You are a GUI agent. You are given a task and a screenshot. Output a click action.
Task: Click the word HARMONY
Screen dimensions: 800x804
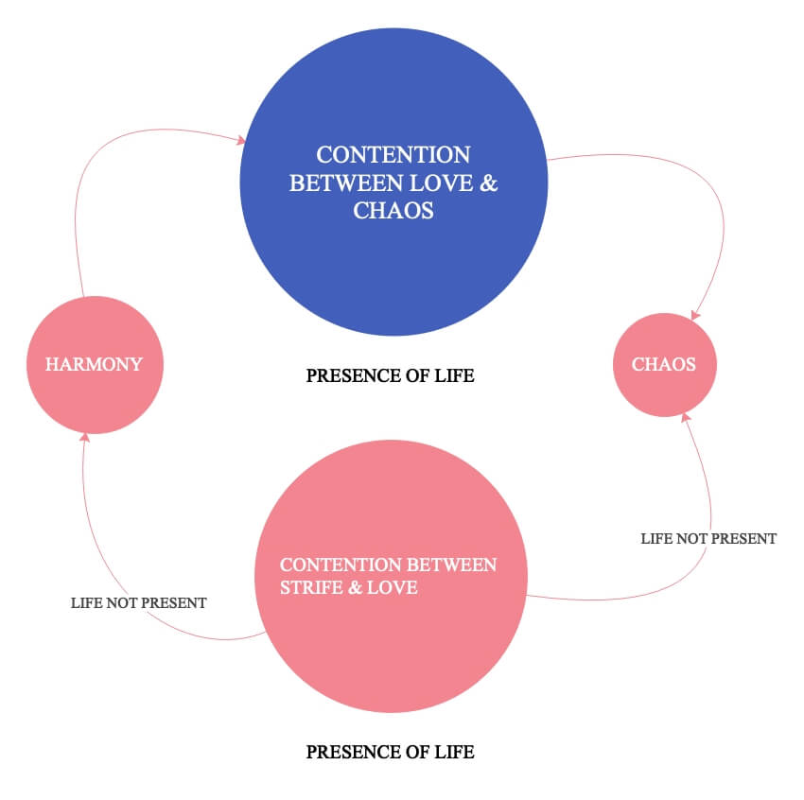[x=95, y=364]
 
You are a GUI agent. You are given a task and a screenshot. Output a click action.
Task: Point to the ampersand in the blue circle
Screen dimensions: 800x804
[x=488, y=183]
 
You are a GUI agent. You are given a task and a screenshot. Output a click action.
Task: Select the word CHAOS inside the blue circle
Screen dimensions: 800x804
[x=393, y=210]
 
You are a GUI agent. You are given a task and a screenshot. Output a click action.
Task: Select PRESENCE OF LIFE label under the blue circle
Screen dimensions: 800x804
[x=390, y=376]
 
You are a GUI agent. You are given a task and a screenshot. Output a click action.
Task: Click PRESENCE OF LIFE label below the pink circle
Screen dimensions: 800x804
[x=390, y=753]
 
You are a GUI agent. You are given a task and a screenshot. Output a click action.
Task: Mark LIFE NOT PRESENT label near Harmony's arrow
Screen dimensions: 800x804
[x=138, y=602]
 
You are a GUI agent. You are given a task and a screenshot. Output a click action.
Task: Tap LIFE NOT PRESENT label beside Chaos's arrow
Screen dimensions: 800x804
[x=708, y=538]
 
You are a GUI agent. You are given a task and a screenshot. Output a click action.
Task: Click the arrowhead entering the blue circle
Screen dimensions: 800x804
[x=242, y=141]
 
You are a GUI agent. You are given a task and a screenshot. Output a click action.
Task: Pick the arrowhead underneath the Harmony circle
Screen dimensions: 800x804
[x=85, y=437]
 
